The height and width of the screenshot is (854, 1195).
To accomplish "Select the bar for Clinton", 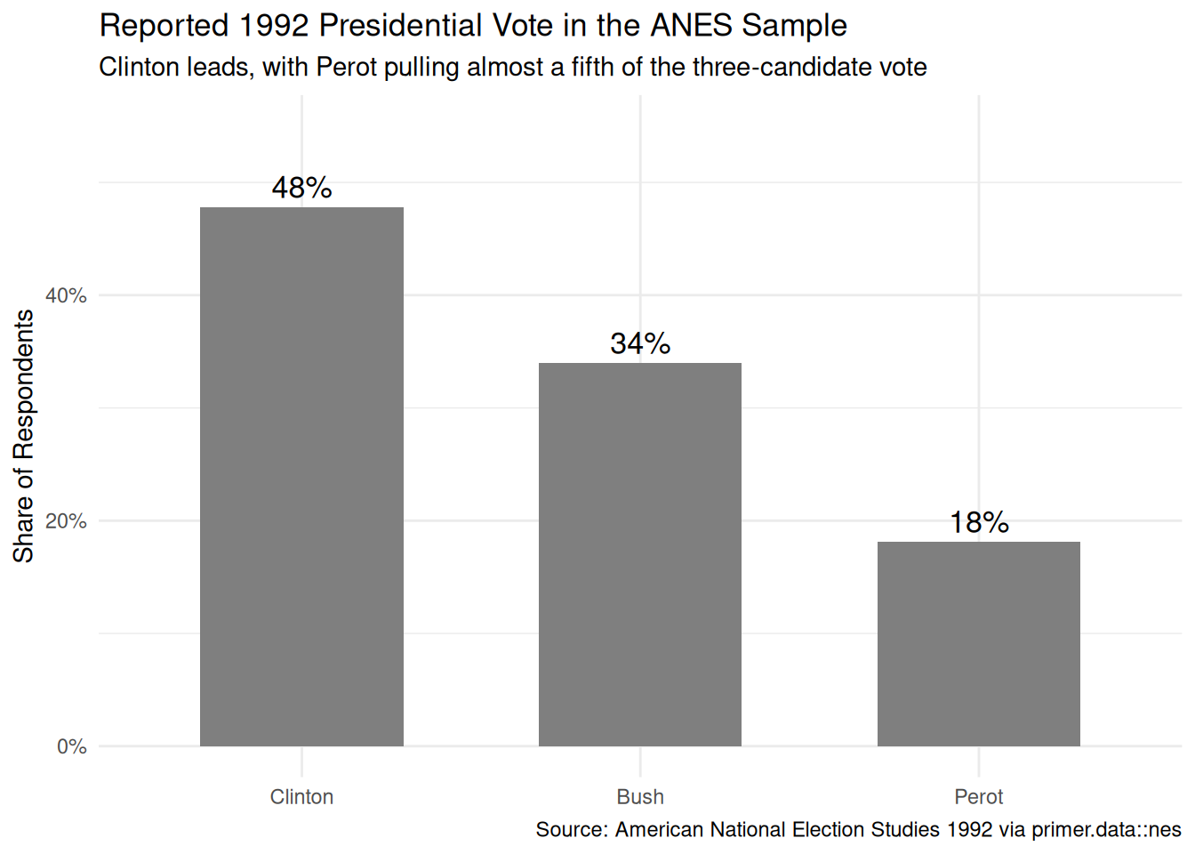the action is pyautogui.click(x=301, y=477).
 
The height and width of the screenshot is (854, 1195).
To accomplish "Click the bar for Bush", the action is pyautogui.click(x=639, y=554).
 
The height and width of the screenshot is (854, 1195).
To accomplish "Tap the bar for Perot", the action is pyautogui.click(x=978, y=644).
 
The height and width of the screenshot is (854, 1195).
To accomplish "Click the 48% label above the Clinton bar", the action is pyautogui.click(x=302, y=188).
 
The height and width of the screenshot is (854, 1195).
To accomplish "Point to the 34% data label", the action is pyautogui.click(x=640, y=343).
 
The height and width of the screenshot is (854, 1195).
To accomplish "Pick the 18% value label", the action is pyautogui.click(x=980, y=522).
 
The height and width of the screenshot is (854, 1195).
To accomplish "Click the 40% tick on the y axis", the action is pyautogui.click(x=66, y=295).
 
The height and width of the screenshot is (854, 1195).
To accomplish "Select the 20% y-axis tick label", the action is pyautogui.click(x=66, y=521).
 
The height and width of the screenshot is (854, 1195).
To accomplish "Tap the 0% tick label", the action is pyautogui.click(x=72, y=746).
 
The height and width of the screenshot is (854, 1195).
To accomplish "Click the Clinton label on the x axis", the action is pyautogui.click(x=301, y=797).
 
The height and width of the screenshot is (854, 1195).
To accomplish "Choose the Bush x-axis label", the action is pyautogui.click(x=640, y=797).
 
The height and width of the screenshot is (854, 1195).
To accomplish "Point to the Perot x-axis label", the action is pyautogui.click(x=978, y=797).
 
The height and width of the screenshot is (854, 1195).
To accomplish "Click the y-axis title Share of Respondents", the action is pyautogui.click(x=23, y=436).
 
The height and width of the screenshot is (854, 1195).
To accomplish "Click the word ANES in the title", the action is pyautogui.click(x=691, y=25).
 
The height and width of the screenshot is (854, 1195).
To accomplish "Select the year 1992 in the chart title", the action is pyautogui.click(x=274, y=25).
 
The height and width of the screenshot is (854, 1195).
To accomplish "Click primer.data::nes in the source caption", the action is pyautogui.click(x=1106, y=830).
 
